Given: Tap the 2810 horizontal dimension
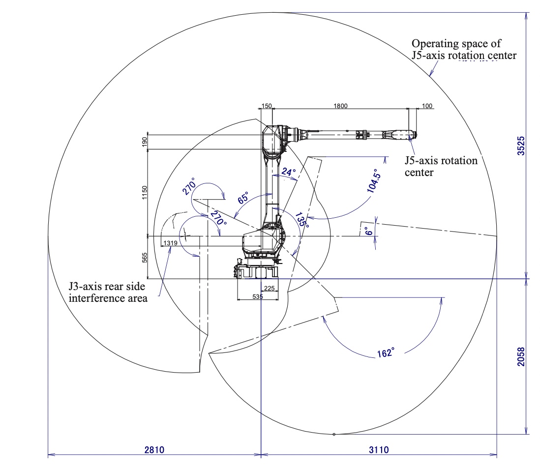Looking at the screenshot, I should (154, 449).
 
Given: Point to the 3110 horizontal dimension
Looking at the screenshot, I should (378, 449).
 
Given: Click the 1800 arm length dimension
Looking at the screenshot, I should (340, 106).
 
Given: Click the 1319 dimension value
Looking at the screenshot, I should (170, 243).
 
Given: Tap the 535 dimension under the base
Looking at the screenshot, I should (258, 296).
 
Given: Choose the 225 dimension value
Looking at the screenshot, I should (269, 289).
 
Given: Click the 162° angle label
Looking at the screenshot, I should (386, 352).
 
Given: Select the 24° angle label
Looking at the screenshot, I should (288, 173).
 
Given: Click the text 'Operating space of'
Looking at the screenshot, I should (456, 44).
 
